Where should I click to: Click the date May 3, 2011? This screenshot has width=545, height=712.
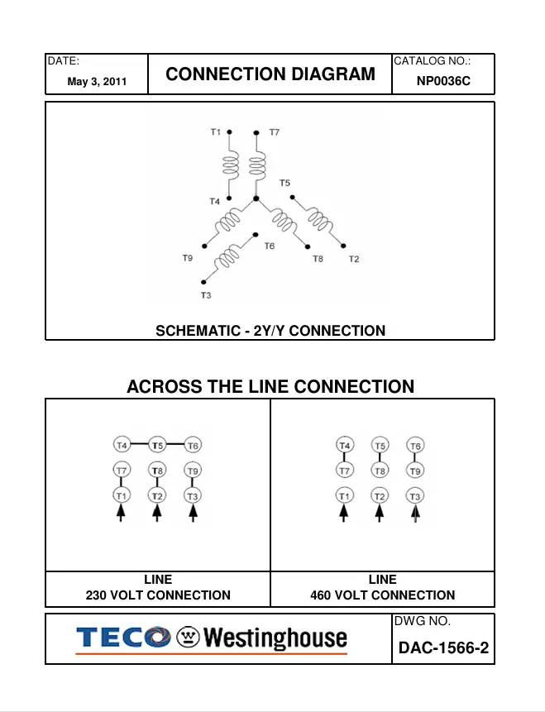[97, 83]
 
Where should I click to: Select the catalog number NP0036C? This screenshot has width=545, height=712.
[443, 82]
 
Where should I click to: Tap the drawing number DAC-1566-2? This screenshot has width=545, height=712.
[443, 647]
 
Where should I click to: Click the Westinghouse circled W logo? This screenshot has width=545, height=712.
[189, 638]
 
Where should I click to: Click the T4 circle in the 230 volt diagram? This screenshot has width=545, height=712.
[122, 445]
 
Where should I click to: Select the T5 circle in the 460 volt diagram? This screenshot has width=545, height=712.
[380, 446]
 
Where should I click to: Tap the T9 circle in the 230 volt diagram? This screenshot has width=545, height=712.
[193, 471]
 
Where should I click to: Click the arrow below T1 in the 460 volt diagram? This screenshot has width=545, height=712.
[344, 515]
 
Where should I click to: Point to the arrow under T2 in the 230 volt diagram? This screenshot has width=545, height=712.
[157, 515]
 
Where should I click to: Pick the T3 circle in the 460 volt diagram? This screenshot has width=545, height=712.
[415, 495]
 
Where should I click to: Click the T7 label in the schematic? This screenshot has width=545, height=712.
[274, 132]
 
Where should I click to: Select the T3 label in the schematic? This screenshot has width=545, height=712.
[206, 295]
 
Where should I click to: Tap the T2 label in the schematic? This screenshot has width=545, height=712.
[354, 260]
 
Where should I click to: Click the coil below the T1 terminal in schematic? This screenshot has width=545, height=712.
[230, 166]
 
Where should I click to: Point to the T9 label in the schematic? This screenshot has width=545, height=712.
[188, 259]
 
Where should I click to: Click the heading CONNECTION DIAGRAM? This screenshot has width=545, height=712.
[270, 74]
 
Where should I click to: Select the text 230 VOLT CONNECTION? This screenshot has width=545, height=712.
[158, 595]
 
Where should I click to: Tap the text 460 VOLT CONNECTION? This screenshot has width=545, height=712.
[382, 595]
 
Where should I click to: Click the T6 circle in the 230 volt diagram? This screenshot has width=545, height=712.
[193, 445]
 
